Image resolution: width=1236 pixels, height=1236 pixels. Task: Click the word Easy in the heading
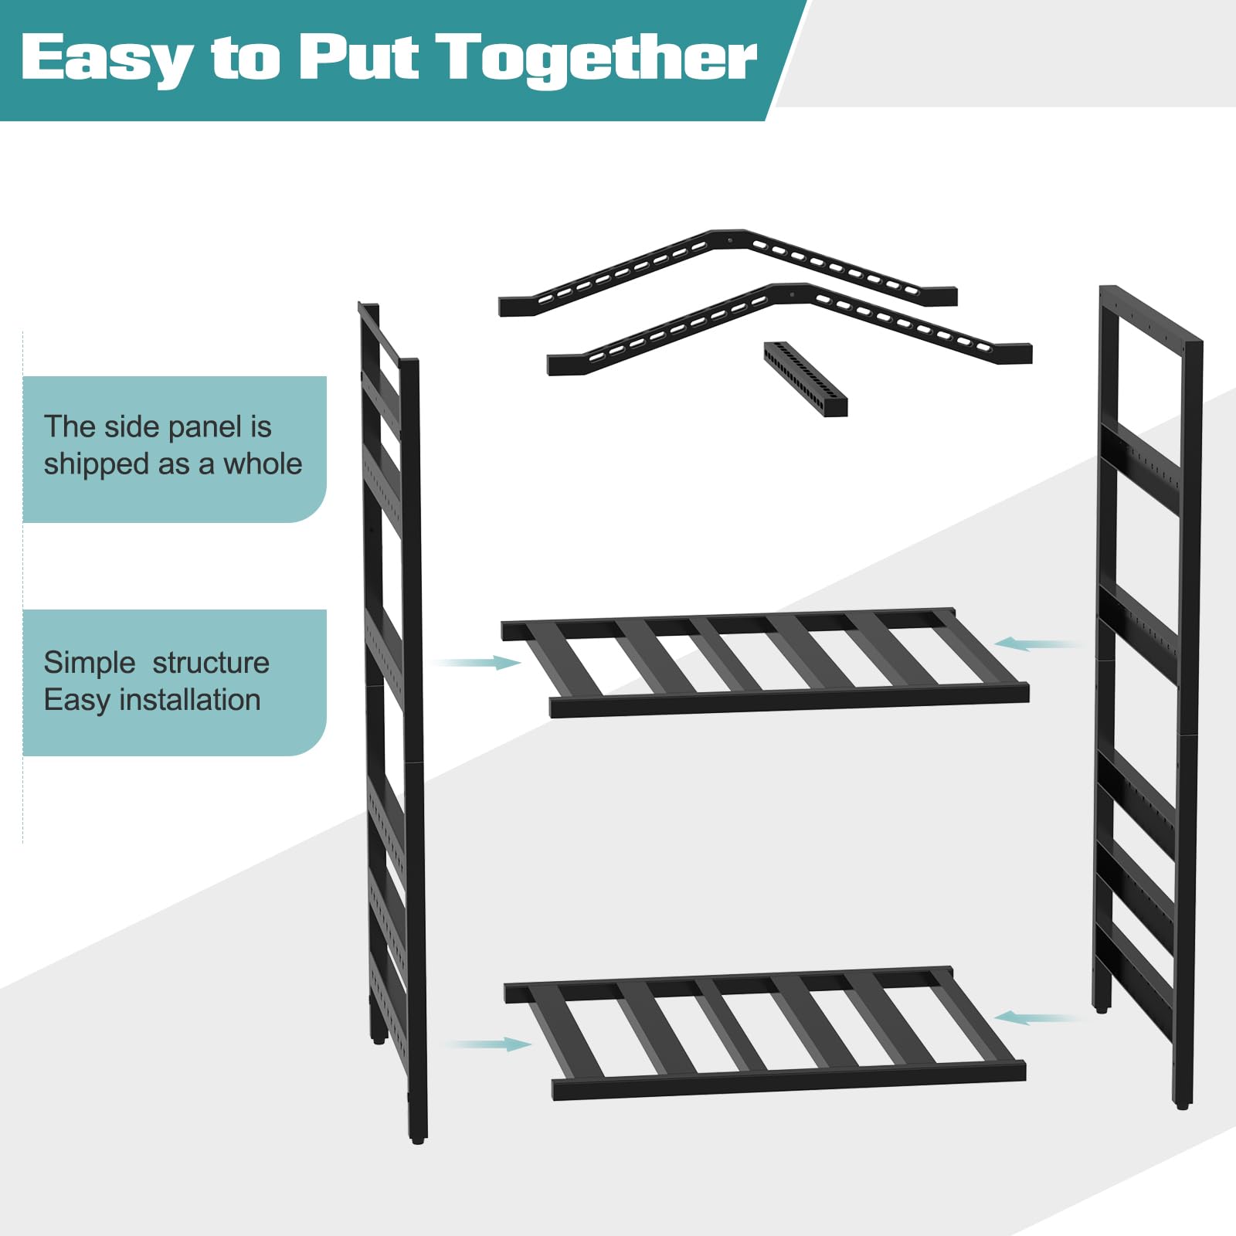(x=107, y=59)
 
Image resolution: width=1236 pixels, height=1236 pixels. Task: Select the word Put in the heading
(x=360, y=57)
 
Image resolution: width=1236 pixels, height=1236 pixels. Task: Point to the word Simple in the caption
(x=90, y=664)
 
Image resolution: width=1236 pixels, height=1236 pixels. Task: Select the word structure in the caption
(x=211, y=663)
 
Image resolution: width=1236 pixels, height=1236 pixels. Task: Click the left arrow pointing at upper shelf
(x=477, y=663)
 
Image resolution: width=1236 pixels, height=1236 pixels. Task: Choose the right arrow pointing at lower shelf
(x=1040, y=1018)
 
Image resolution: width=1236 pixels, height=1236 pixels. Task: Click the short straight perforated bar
(x=806, y=379)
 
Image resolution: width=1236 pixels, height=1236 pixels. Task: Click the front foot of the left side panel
(x=417, y=1138)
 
